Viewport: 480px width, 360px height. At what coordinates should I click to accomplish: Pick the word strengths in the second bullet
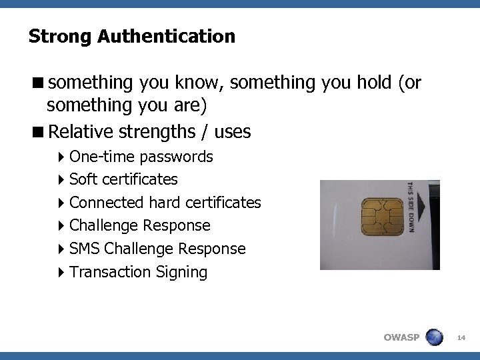158,132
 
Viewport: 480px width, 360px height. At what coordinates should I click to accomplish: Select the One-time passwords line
141,157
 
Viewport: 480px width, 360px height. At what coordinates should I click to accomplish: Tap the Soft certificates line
123,179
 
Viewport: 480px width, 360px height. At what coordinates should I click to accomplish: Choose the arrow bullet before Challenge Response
62,226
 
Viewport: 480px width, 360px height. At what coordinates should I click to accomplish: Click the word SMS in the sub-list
85,249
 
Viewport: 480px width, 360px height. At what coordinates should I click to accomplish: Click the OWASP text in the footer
401,337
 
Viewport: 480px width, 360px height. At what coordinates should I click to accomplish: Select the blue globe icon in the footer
434,337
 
